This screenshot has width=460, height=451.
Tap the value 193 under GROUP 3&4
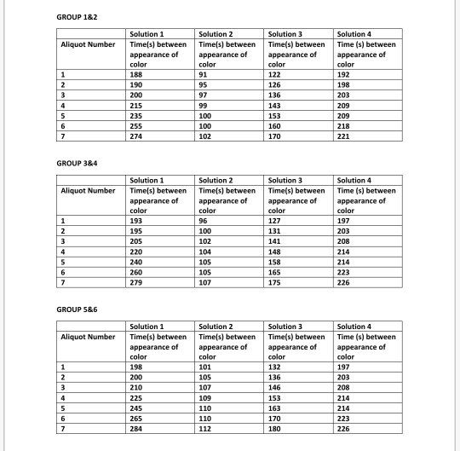(x=135, y=221)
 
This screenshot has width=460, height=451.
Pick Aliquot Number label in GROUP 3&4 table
(x=88, y=190)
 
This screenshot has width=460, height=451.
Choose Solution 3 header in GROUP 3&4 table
(x=285, y=181)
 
